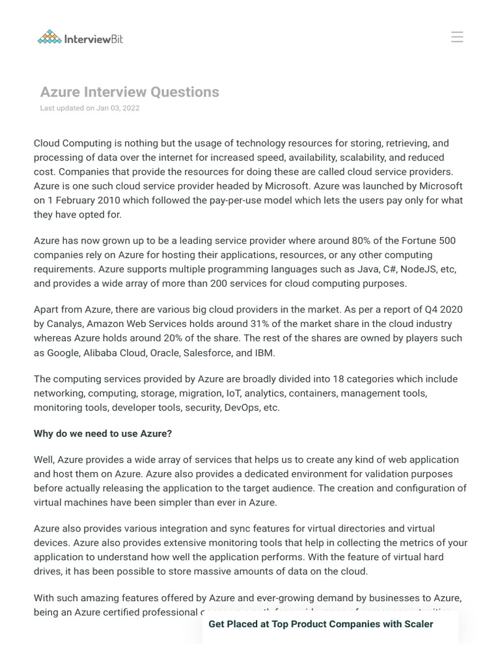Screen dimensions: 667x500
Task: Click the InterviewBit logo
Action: [80, 38]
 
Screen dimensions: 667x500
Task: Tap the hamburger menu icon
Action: [457, 37]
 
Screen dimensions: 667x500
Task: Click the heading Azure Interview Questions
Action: [130, 92]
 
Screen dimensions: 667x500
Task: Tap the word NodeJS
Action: [408, 269]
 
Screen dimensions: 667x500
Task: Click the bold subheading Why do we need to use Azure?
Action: [103, 433]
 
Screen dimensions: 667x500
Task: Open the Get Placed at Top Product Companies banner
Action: [321, 624]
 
